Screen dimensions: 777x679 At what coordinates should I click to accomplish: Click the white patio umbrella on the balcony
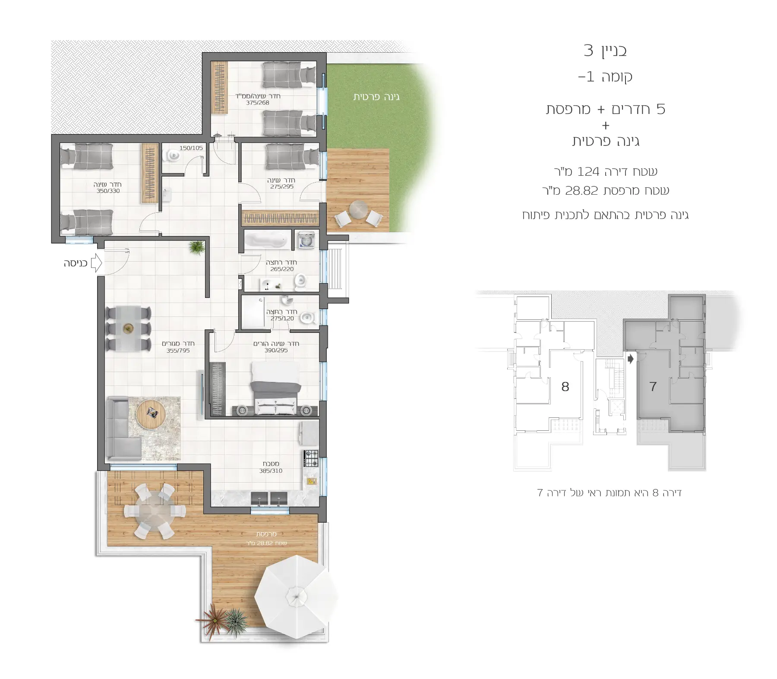(296, 597)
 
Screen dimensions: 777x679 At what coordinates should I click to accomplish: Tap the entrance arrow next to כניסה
(97, 263)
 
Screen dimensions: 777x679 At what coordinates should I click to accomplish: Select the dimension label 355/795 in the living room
(178, 351)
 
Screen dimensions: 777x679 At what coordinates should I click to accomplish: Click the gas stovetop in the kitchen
(311, 458)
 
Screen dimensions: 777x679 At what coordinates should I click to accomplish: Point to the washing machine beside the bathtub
(306, 240)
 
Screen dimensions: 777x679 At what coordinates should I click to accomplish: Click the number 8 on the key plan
(565, 386)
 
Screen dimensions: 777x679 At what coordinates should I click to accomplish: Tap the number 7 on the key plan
(653, 386)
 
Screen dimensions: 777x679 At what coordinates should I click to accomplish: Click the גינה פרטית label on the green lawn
(376, 97)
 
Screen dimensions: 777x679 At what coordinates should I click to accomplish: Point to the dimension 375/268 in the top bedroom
(258, 103)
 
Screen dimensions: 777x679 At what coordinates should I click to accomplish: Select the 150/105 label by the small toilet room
(191, 148)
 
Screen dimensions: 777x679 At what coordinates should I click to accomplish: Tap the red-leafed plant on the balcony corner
(212, 619)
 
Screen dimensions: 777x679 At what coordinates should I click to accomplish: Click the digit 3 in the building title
(588, 51)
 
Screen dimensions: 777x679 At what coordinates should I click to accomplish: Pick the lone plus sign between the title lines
(606, 126)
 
